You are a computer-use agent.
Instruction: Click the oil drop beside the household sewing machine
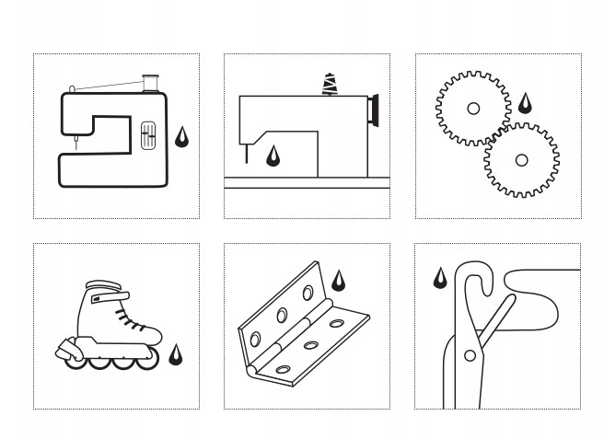(x=183, y=137)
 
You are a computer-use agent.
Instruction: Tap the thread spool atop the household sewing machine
(x=145, y=84)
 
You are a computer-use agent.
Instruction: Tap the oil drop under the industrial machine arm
(x=273, y=156)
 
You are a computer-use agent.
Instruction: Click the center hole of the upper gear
(x=473, y=109)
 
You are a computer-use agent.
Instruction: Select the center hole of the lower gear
(x=521, y=160)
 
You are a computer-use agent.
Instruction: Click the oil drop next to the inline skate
(x=175, y=355)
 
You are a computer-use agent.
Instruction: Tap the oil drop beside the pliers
(x=440, y=277)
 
